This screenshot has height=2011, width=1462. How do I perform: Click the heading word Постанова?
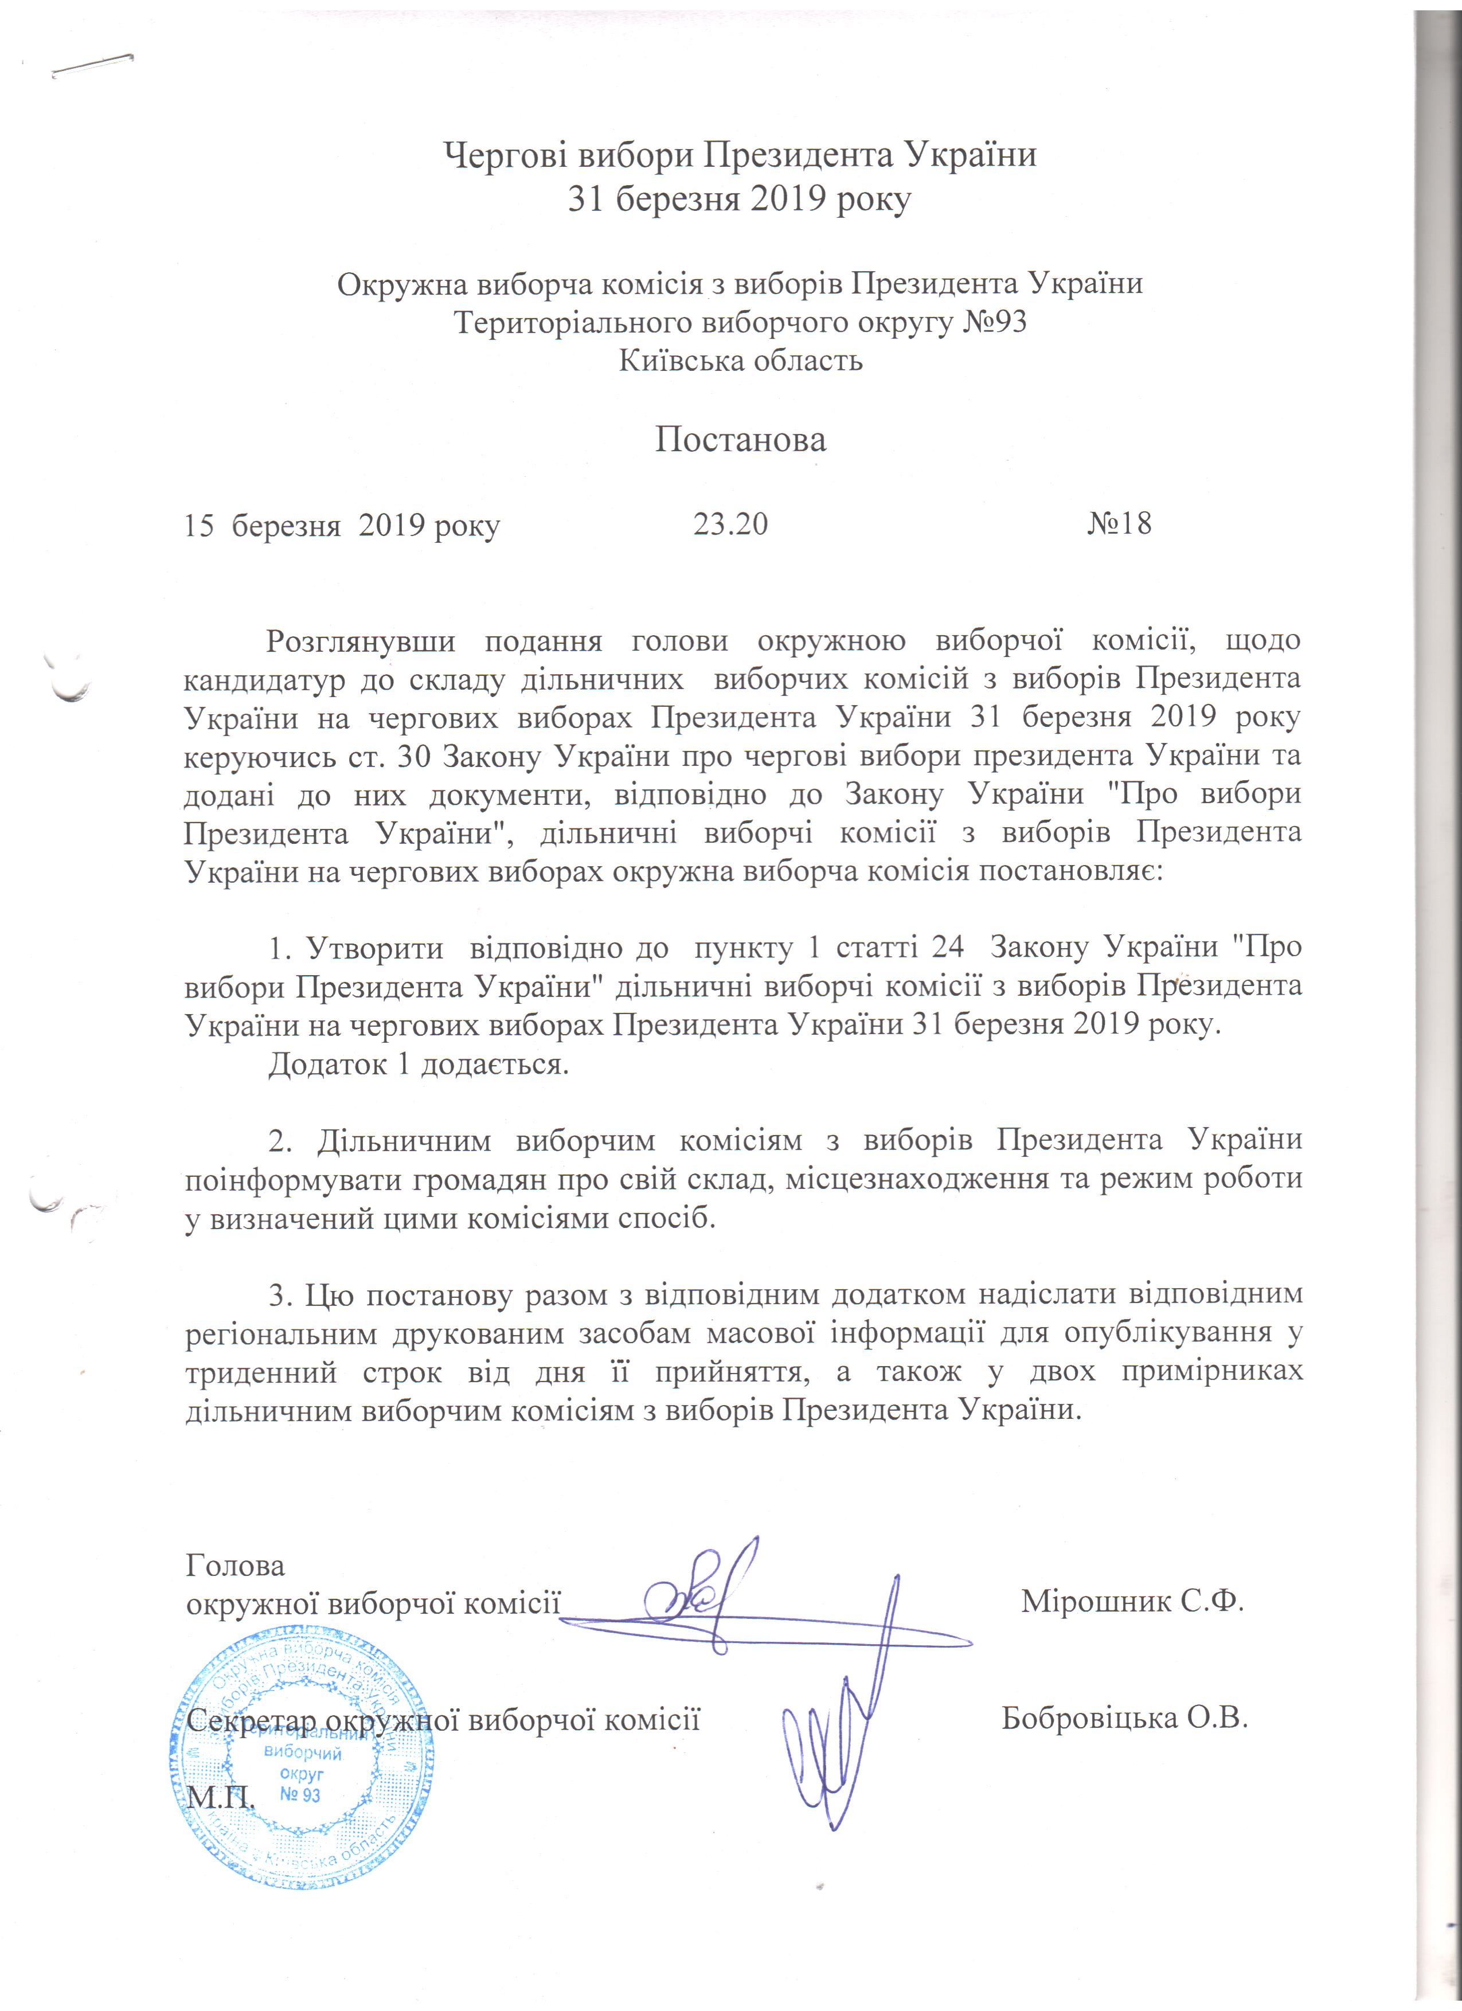740,440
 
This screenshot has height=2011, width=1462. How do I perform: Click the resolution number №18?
1119,524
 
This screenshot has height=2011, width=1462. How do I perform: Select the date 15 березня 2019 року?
341,526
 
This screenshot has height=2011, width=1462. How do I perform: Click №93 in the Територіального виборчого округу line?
995,322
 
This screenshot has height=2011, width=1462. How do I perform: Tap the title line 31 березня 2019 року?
740,201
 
